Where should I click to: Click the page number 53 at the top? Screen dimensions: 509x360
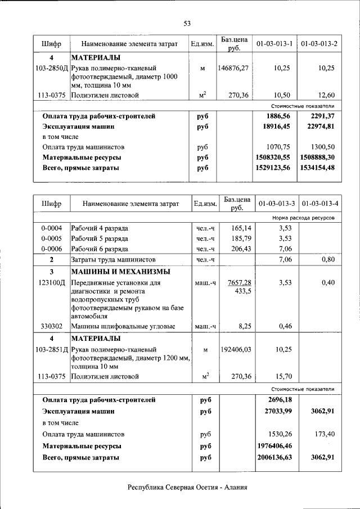click(187, 23)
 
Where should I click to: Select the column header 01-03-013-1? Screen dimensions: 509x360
click(274, 44)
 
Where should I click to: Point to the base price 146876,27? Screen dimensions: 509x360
click(233, 67)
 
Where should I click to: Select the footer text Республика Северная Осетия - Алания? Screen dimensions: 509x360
click(187, 488)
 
